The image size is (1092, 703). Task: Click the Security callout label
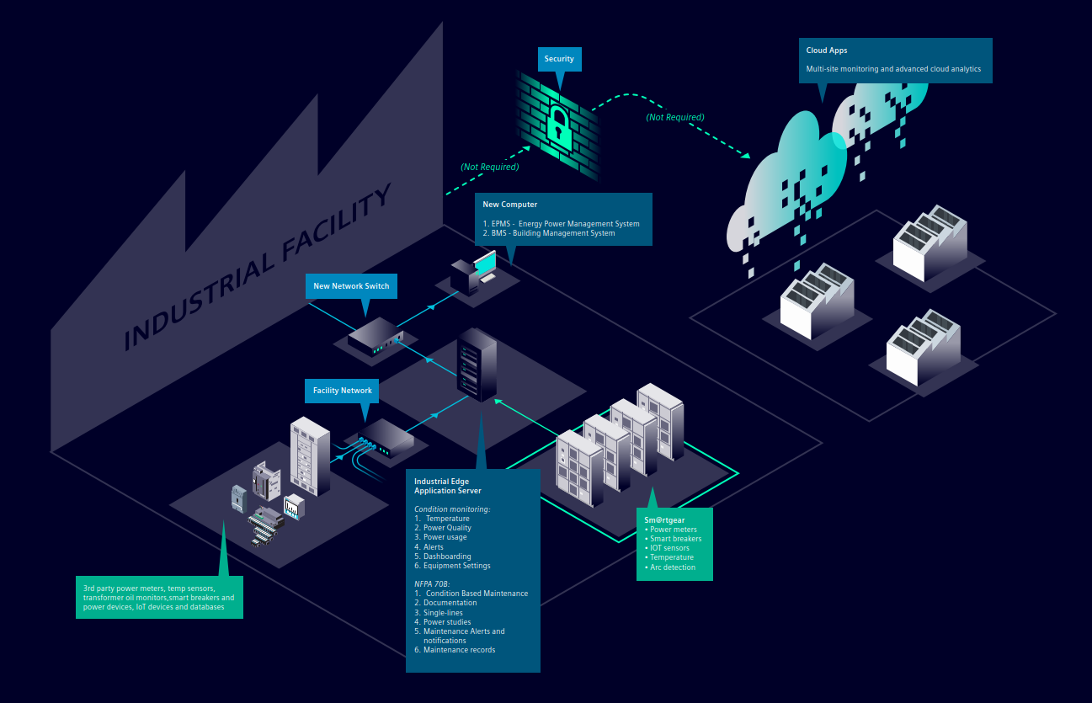[559, 59]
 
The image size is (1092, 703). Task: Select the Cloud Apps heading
[826, 51]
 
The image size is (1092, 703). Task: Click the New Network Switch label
[351, 286]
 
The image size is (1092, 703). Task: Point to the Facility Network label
[342, 391]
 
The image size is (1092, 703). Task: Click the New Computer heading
[509, 205]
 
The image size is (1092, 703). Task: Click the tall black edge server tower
[477, 365]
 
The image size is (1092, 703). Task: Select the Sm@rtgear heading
[664, 519]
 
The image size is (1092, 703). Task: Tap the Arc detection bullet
[670, 567]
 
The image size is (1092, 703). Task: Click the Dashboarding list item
[443, 557]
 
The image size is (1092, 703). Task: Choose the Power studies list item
[443, 621]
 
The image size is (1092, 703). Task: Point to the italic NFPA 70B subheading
[432, 583]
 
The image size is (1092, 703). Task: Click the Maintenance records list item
[455, 649]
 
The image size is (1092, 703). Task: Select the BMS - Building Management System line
[549, 233]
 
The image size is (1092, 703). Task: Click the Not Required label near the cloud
[675, 117]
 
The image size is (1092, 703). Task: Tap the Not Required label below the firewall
[490, 167]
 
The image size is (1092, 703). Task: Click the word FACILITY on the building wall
[337, 221]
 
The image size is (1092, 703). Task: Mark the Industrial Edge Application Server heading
[448, 486]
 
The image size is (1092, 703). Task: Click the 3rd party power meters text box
[159, 597]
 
